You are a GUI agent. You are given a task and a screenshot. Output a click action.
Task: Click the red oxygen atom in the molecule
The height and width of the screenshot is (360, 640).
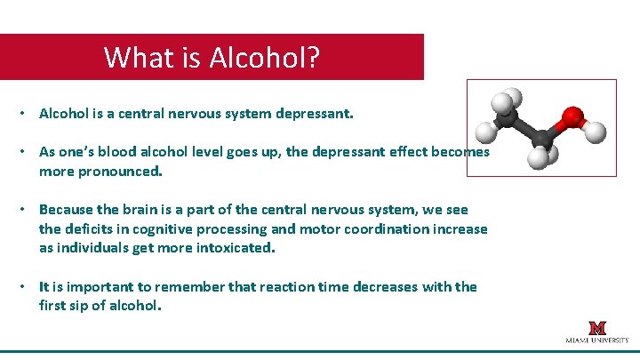coord(572,117)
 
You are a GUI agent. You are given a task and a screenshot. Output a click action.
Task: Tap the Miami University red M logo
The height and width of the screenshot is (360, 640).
coord(596,327)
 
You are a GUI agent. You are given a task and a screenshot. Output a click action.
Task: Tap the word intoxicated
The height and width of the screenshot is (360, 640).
coord(234,248)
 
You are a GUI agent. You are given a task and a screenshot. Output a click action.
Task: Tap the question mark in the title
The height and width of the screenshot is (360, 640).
coord(311,58)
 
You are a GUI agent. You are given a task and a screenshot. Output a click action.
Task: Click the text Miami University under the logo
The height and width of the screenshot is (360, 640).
coord(596,340)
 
